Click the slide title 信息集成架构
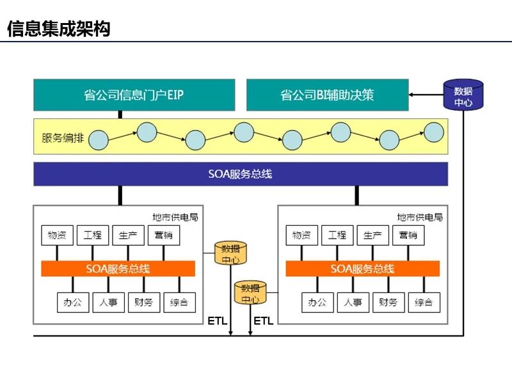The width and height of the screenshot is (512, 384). pos(58,29)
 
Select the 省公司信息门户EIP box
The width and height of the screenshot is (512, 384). pos(134,95)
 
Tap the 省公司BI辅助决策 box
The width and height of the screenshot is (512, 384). pos(327,95)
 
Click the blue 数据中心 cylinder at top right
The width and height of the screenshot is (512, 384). pos(463,95)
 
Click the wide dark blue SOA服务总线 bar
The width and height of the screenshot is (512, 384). pos(240,173)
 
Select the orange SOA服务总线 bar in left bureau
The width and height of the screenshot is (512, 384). pos(118,269)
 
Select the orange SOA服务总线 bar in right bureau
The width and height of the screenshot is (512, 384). pos(362,269)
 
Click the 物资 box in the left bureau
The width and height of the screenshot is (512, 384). pos(57,235)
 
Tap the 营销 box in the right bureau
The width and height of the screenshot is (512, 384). pos(408,235)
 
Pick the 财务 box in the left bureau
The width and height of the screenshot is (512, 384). pos(143,302)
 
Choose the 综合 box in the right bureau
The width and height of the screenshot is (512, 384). pos(424,302)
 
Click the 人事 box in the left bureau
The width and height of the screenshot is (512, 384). pos(108,302)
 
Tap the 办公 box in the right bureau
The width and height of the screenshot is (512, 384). pos(317,302)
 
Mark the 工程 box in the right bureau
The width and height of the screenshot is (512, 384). pos(337,235)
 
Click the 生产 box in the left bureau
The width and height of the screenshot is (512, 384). pos(128,235)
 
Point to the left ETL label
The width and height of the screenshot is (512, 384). pos(218,321)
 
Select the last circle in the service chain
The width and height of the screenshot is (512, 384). pos(434,132)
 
